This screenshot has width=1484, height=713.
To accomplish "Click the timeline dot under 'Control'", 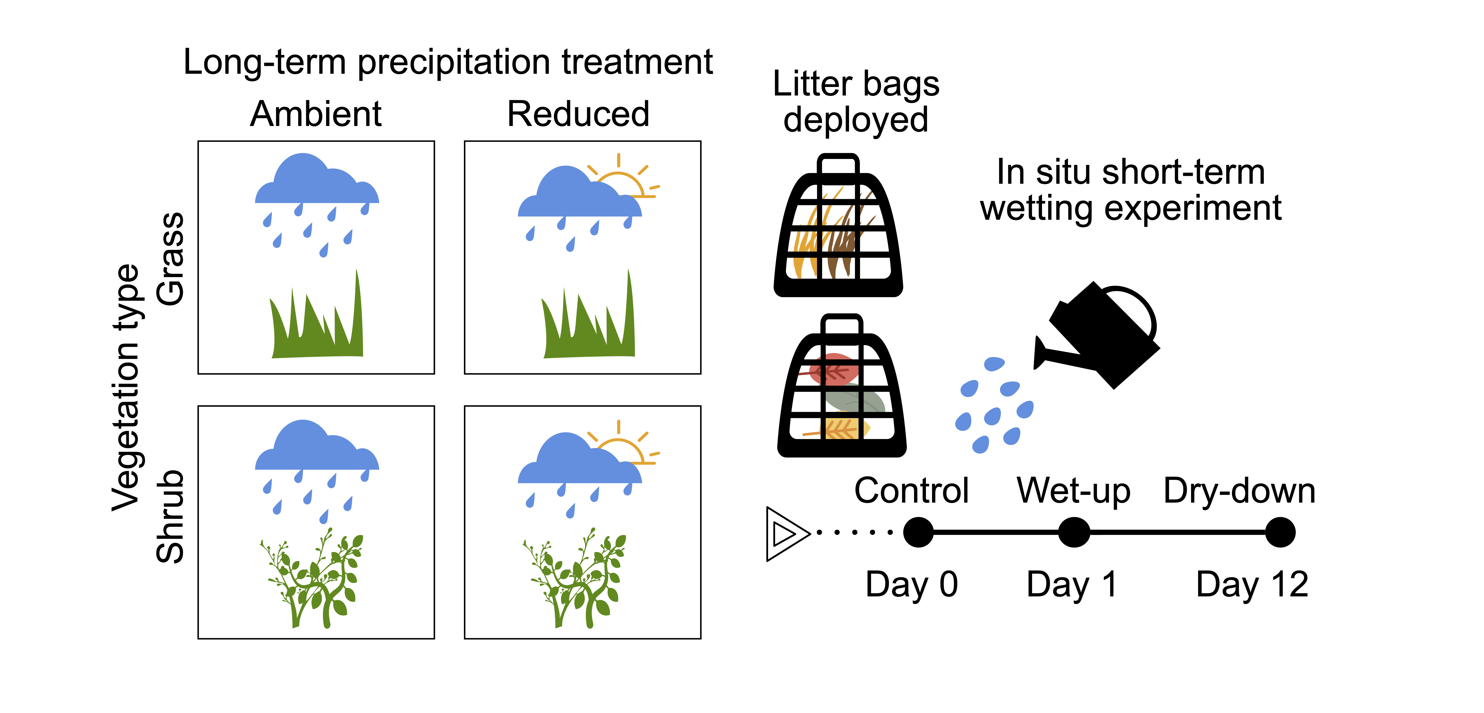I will pos(918,532).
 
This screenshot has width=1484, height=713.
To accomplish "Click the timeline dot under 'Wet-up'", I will pos(1074,532).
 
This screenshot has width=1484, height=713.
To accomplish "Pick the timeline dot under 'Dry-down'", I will pos(1280,532).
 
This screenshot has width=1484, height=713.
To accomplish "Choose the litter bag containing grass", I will pos(838,228).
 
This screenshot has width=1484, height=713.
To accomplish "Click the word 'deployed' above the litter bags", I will pos(855,120).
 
